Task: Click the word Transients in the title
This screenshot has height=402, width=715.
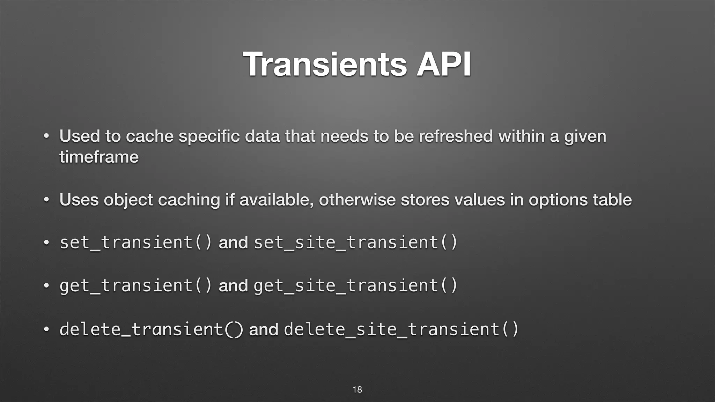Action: click(325, 64)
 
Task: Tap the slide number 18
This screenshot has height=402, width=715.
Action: click(357, 389)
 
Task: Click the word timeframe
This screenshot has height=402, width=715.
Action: click(99, 157)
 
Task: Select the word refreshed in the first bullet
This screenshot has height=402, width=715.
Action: click(456, 136)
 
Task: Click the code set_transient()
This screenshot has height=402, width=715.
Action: click(136, 242)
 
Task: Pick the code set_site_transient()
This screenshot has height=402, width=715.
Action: click(355, 242)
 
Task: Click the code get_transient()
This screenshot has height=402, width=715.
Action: click(136, 285)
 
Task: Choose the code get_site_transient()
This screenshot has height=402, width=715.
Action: click(355, 285)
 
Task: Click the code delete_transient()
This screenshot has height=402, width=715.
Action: click(151, 329)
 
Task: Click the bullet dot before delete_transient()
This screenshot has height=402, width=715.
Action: click(46, 329)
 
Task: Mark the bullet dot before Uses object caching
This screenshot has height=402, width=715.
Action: click(46, 200)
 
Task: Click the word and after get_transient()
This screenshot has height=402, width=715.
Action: click(233, 286)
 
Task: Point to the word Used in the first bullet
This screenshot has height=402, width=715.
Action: click(79, 136)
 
